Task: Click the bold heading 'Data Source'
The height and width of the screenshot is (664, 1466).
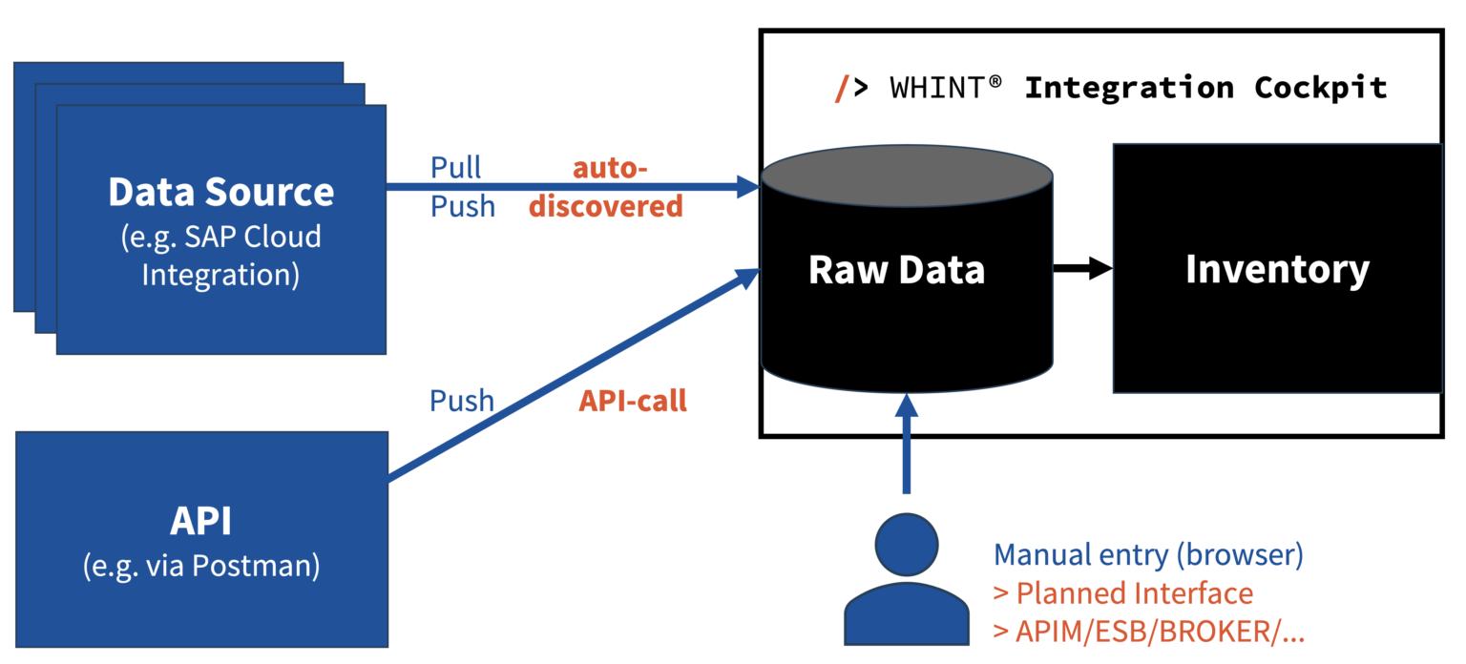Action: click(220, 192)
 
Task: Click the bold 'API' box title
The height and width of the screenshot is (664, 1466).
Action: click(200, 522)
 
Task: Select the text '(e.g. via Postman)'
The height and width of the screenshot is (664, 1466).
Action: click(200, 566)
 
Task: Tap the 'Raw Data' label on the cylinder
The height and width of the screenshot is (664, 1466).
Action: click(896, 270)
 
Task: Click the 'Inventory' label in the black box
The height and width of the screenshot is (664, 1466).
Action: click(1277, 269)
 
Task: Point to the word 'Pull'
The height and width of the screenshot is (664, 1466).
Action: click(456, 168)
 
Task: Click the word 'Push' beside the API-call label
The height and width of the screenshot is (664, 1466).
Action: click(462, 401)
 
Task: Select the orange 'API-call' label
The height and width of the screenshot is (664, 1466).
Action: click(633, 401)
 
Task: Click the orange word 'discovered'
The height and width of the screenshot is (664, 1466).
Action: click(606, 206)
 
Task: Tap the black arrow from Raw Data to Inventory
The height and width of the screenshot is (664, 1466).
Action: click(1082, 269)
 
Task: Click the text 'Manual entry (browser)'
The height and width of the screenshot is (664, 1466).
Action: click(1148, 554)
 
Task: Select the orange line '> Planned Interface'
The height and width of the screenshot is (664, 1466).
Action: click(1122, 593)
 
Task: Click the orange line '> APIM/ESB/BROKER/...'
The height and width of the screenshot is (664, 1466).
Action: click(1149, 631)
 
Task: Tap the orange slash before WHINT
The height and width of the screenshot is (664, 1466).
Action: click(841, 88)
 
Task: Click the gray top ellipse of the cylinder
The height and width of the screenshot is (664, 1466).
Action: click(907, 177)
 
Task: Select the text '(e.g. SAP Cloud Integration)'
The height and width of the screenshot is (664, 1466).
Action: click(220, 255)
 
